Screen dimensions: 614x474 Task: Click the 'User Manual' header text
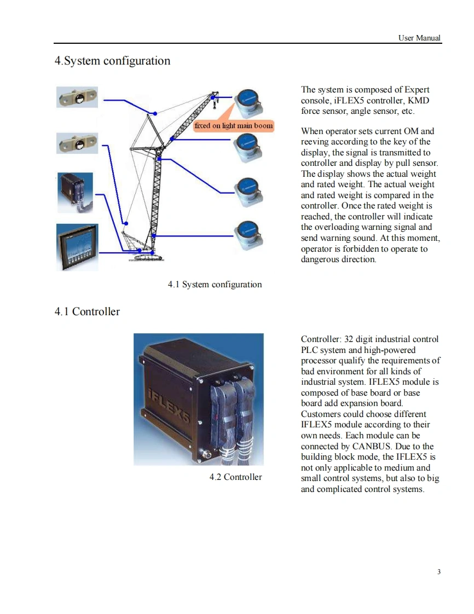pyautogui.click(x=419, y=38)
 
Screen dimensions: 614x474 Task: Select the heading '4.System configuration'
pyautogui.click(x=112, y=61)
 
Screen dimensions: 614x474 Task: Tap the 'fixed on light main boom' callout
pyautogui.click(x=233, y=125)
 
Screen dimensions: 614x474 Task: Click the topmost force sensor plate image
pyautogui.click(x=78, y=97)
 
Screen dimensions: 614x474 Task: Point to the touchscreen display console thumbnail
pyautogui.click(x=78, y=246)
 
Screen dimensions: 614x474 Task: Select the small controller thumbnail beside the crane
pyautogui.click(x=76, y=192)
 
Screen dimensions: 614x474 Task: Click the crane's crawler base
pyautogui.click(x=145, y=256)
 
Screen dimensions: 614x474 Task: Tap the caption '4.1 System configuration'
pyautogui.click(x=215, y=285)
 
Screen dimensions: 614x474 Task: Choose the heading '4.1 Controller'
pyautogui.click(x=87, y=312)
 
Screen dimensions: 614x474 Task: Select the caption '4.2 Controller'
pyautogui.click(x=235, y=477)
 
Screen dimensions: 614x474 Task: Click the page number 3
pyautogui.click(x=439, y=572)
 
